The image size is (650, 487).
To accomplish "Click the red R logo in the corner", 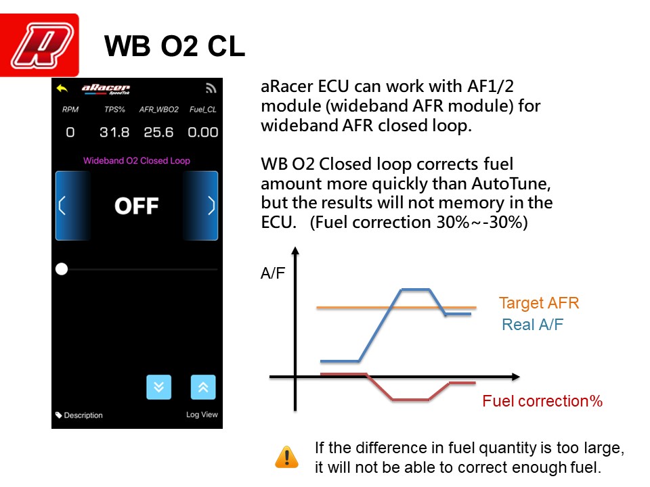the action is coord(39,45).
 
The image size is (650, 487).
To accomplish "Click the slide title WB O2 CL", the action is coord(175,46).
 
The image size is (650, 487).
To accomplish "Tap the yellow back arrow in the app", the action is coord(62,88).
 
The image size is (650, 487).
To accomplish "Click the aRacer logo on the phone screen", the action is coord(106,89).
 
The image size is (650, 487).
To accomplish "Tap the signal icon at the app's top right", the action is coord(211,88).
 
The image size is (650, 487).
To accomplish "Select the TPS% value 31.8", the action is coord(114,132).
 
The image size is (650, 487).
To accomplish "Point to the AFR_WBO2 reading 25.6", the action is coord(158,132).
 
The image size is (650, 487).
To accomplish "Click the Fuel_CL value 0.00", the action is coord(202,132).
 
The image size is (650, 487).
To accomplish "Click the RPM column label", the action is coord(70,110).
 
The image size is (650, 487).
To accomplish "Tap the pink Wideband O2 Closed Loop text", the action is coord(136,161).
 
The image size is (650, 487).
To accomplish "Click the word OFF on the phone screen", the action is coord(136,206).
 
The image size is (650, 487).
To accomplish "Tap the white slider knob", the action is coord(62,269).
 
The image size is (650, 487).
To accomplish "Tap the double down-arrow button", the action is coord(158,387).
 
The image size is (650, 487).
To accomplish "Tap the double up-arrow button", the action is coord(203,387).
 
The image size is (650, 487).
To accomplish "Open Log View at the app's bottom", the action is coord(202,415).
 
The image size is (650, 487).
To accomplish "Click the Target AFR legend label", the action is coord(539,303).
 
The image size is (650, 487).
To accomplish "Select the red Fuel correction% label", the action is coord(542,401).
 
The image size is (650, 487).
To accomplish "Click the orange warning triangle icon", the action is coord(286,457).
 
